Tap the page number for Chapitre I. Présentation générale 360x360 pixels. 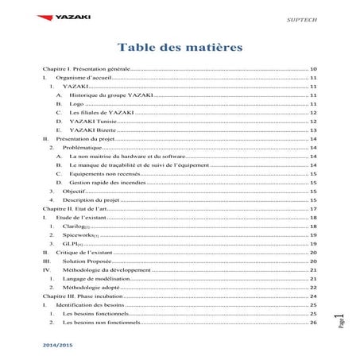(x=313, y=70)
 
